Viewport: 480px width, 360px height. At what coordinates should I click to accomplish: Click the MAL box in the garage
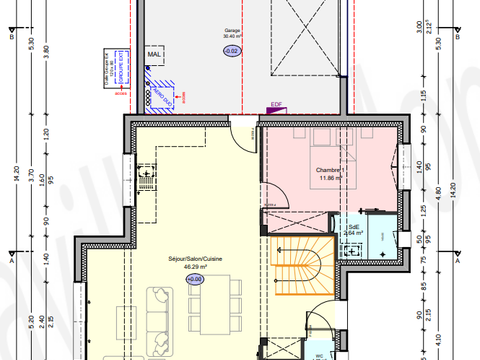click(154, 55)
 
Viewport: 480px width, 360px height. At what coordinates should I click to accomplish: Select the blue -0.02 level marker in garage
click(232, 49)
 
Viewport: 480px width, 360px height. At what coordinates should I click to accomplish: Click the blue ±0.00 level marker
click(195, 279)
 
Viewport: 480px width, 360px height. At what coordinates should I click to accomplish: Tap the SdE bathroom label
click(353, 228)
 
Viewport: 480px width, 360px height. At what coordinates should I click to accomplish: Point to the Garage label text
click(233, 31)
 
